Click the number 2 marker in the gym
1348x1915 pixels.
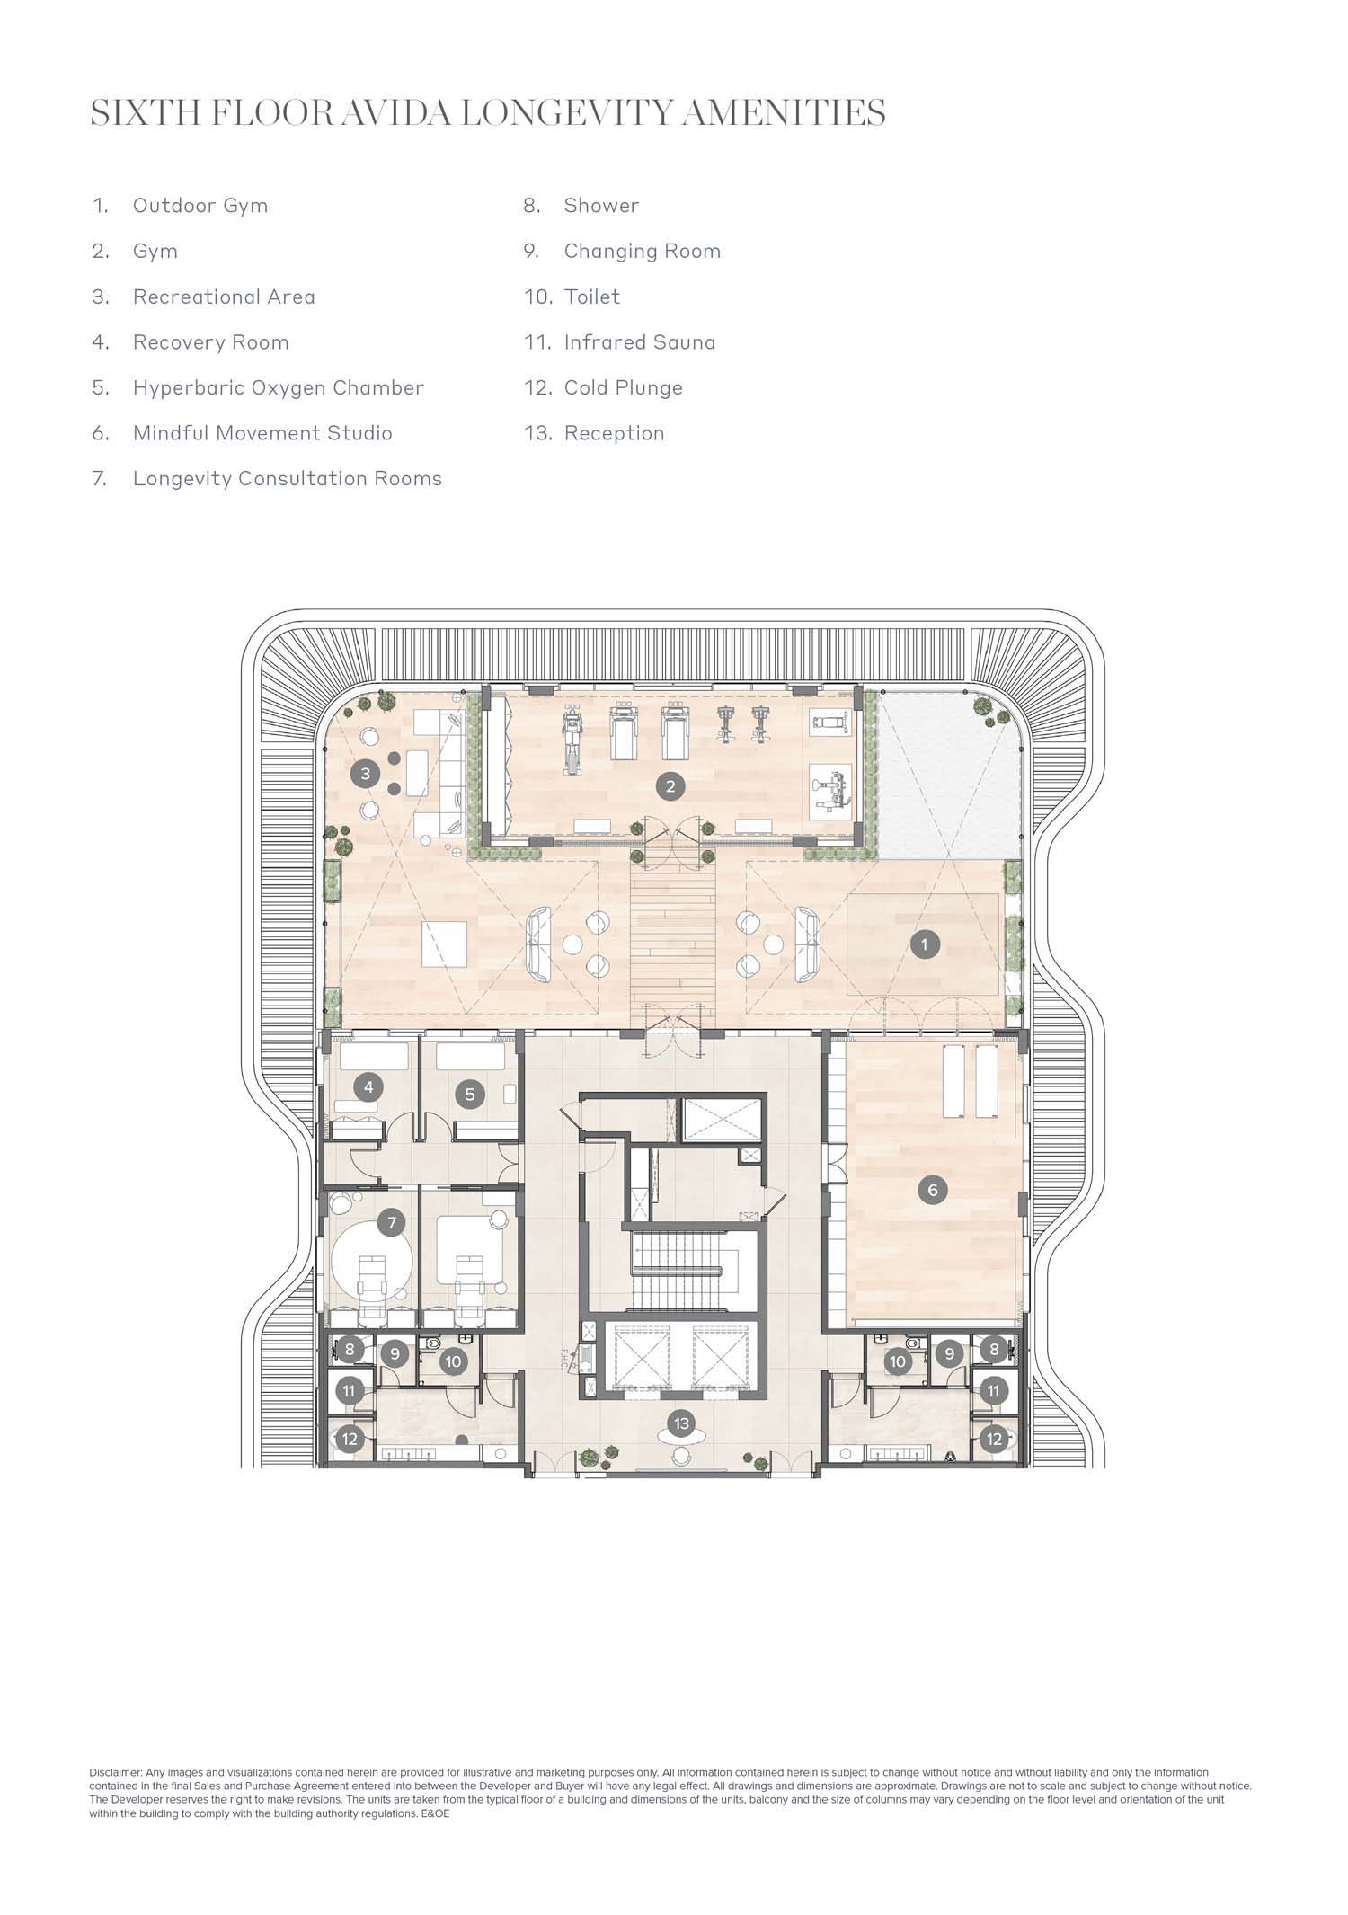(670, 786)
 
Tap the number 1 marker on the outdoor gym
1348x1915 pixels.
(924, 944)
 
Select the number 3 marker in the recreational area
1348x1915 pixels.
(365, 773)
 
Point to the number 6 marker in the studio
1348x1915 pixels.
(932, 1190)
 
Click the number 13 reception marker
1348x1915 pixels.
(681, 1423)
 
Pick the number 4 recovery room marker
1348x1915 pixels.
(368, 1087)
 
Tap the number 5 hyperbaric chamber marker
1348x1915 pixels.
(469, 1095)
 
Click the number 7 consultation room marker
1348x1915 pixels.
(391, 1222)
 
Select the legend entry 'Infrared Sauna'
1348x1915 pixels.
(640, 342)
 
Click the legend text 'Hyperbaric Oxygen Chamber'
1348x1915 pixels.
(279, 388)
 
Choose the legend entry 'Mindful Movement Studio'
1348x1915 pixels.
(262, 433)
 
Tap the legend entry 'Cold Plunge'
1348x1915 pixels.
(624, 388)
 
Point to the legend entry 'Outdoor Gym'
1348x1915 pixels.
(200, 206)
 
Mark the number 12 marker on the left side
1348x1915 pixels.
(350, 1439)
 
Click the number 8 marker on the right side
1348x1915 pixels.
(994, 1349)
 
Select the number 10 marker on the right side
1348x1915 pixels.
(897, 1361)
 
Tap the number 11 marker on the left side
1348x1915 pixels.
(350, 1391)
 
